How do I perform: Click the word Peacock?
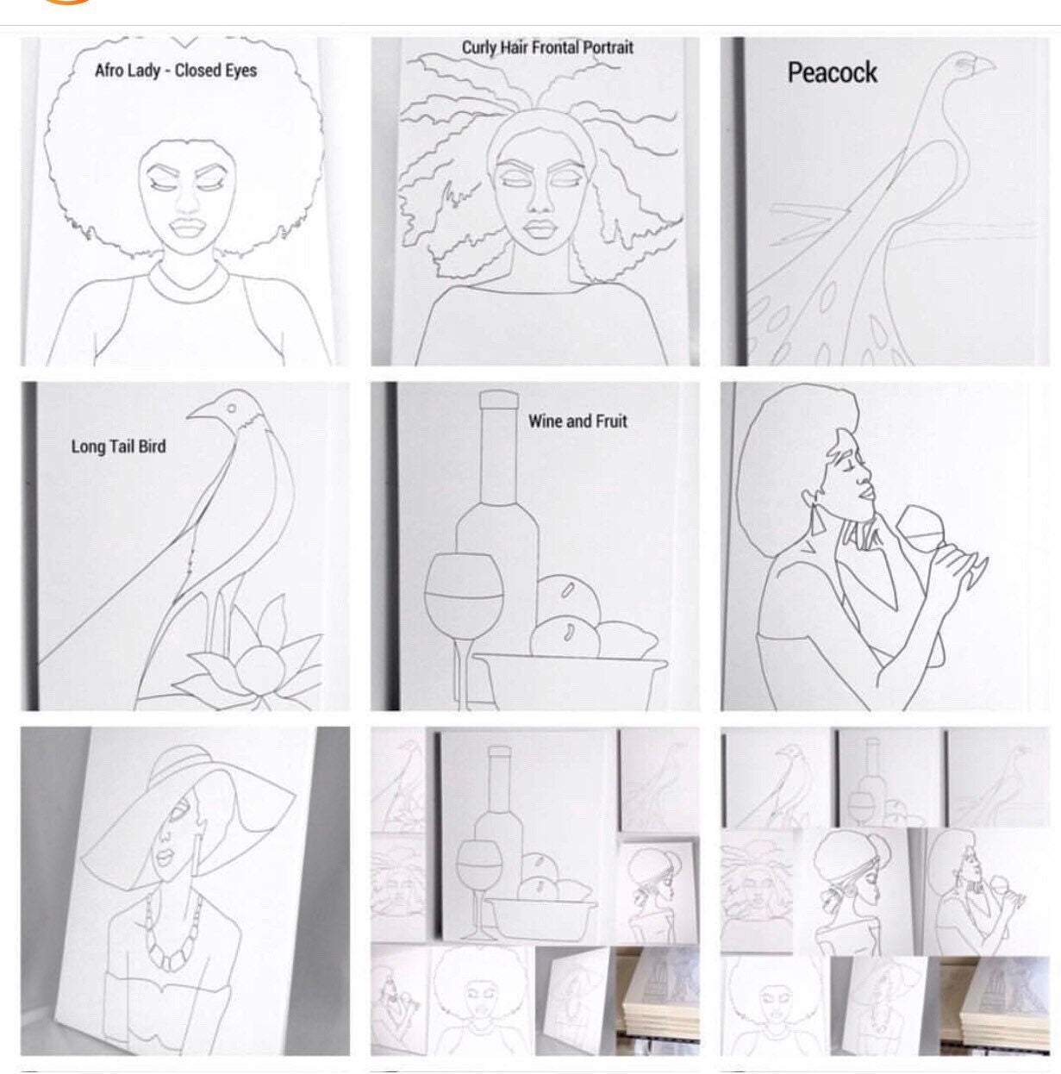(832, 72)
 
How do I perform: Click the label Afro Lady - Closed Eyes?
(176, 70)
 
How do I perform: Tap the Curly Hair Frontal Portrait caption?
(547, 47)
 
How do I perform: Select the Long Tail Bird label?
(118, 446)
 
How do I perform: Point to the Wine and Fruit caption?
(577, 421)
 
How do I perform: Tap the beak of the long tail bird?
(200, 413)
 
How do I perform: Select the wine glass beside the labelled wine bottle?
(464, 595)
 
